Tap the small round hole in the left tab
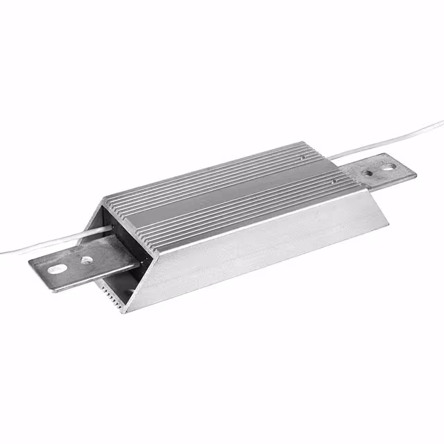coord(86,261)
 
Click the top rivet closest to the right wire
coord(303,159)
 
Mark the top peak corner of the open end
coord(104,203)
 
